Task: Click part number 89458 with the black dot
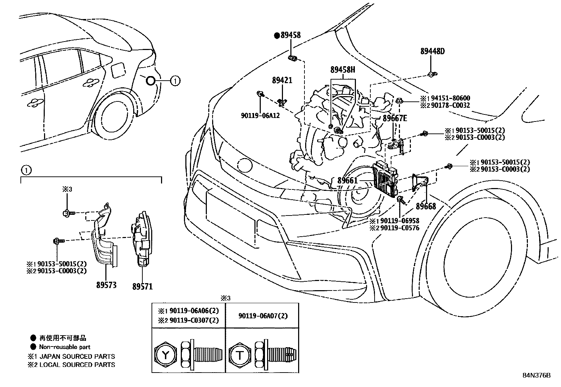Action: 290,35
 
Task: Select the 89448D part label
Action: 432,51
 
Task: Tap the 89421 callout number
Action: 282,80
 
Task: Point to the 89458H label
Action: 343,70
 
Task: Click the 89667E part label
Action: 395,118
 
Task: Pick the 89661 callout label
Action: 347,181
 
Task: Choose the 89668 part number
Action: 426,206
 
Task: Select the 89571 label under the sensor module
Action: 142,286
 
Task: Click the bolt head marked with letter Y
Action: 165,355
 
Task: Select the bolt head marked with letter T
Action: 240,355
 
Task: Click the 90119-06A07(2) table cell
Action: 262,316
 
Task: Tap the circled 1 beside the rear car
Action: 175,81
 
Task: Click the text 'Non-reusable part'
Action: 65,347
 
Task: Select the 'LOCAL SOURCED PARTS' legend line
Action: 77,364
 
